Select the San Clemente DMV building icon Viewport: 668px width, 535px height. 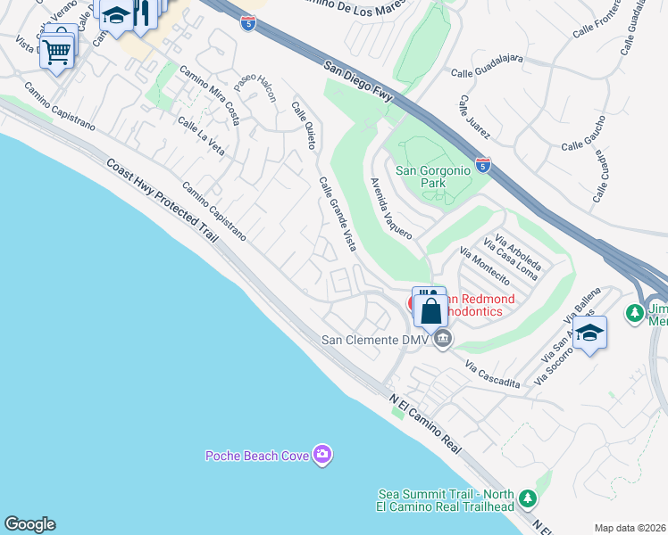[x=443, y=339]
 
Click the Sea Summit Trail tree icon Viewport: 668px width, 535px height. [x=528, y=497]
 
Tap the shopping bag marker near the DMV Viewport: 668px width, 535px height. [x=430, y=311]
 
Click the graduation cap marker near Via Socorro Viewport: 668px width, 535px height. [x=589, y=333]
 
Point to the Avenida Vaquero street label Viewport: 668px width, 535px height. [x=391, y=208]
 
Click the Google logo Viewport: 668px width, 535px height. [x=29, y=525]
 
